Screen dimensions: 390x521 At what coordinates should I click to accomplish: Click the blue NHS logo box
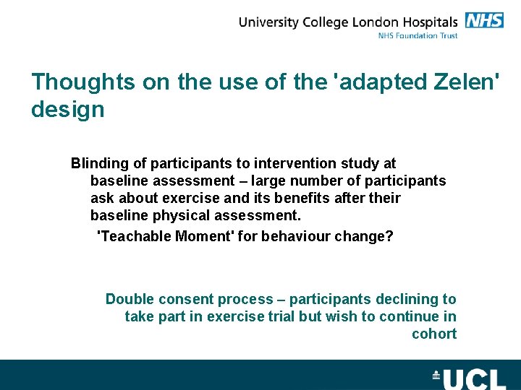click(x=484, y=20)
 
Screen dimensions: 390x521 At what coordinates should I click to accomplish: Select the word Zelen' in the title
click(x=460, y=82)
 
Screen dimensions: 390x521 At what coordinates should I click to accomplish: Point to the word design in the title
click(x=67, y=110)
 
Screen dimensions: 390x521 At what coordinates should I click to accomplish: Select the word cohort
click(x=434, y=334)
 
